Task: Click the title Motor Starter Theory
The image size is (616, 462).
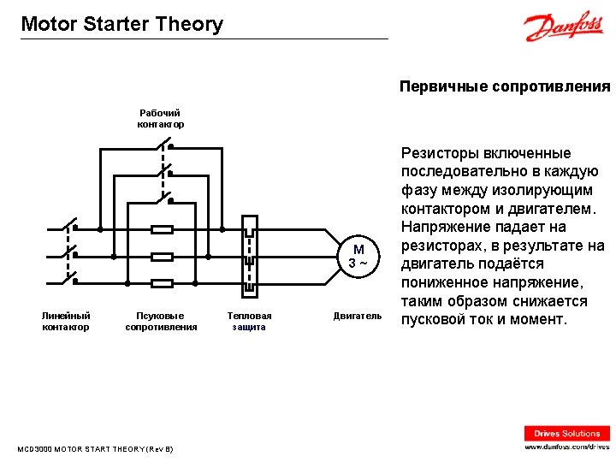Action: (x=121, y=24)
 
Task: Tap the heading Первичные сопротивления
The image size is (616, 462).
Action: (x=505, y=86)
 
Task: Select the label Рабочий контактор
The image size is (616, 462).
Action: (x=161, y=118)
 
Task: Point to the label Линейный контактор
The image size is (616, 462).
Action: (x=66, y=321)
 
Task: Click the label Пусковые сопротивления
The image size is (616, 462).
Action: (x=161, y=321)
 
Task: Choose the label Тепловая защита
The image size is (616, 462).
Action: (x=249, y=321)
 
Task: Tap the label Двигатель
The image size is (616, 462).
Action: (x=358, y=316)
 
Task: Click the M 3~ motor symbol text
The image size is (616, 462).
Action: (x=358, y=255)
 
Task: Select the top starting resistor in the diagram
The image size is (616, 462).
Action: (x=163, y=229)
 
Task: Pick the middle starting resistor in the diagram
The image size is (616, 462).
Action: (x=163, y=256)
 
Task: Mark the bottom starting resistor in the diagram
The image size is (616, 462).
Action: (x=163, y=282)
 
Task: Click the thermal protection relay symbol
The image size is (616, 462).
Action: (x=249, y=255)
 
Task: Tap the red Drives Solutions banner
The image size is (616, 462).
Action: (x=567, y=434)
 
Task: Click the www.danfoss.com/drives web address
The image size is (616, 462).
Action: (x=567, y=447)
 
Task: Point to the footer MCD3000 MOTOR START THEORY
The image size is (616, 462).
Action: (x=95, y=448)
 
